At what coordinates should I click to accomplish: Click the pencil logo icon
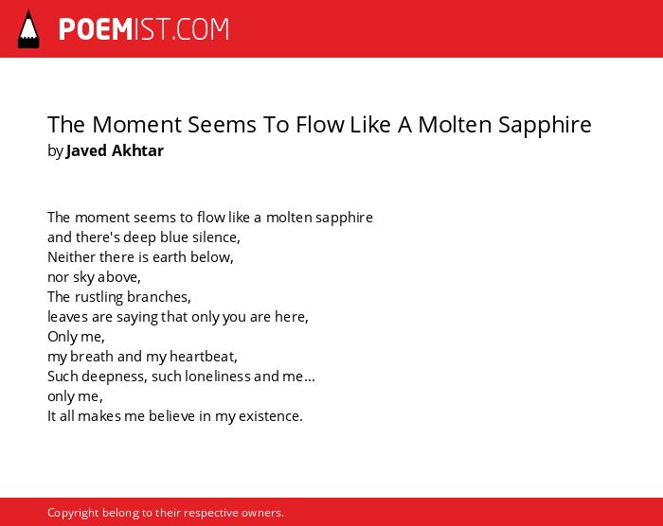[x=28, y=28]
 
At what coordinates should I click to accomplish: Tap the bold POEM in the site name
[x=96, y=29]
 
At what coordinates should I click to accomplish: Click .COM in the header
[x=200, y=29]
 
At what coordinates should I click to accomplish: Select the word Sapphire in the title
[x=545, y=125]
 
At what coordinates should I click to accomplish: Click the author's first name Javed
[x=86, y=150]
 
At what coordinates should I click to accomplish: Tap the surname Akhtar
[x=137, y=150]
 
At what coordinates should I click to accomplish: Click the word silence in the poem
[x=216, y=237]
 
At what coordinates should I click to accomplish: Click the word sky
[x=83, y=277]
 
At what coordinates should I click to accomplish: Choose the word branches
[x=159, y=297]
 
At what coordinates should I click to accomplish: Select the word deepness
[x=115, y=377]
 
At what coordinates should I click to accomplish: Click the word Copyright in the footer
[x=73, y=513]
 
